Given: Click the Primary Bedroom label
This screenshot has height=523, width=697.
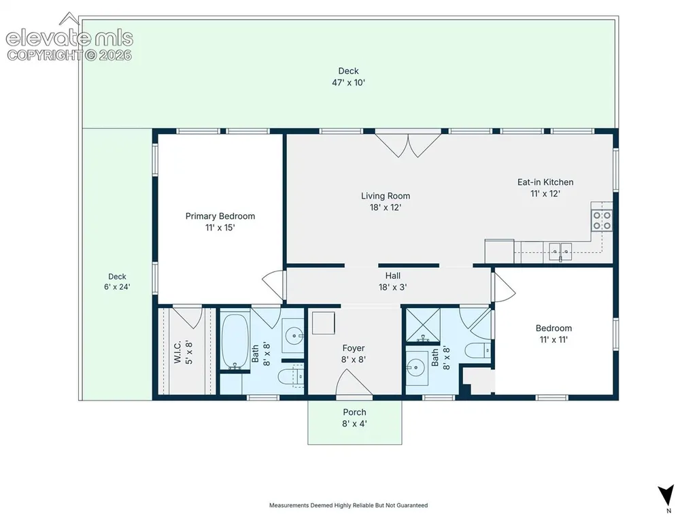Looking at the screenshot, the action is click(x=220, y=216).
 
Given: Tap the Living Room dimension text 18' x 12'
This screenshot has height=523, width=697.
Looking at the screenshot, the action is click(x=386, y=207).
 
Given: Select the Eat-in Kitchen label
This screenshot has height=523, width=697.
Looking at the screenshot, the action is click(x=545, y=182).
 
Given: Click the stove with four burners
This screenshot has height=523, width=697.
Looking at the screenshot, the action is click(x=601, y=220).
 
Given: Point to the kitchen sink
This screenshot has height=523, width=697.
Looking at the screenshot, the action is click(x=560, y=251).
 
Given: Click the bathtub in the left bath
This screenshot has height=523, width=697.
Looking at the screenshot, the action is click(x=235, y=341).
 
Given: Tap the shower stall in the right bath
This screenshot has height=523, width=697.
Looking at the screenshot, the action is click(x=423, y=325).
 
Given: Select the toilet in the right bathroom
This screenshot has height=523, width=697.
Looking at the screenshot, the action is click(x=478, y=350).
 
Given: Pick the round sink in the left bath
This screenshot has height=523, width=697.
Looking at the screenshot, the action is click(x=293, y=335).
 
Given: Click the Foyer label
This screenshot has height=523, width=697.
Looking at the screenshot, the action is click(x=354, y=348).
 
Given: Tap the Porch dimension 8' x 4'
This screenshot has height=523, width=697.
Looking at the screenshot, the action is click(x=354, y=424).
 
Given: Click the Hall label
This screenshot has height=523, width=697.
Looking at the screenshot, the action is click(x=393, y=275).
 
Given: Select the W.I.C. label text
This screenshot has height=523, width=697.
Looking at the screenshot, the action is click(x=177, y=352).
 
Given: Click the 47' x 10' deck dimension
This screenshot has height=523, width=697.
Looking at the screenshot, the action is click(x=348, y=83).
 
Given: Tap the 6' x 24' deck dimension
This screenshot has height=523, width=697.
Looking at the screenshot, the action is click(x=118, y=287).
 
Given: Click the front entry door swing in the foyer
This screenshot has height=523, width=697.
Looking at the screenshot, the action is click(x=354, y=382).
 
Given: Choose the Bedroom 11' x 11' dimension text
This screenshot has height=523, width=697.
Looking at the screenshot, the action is click(x=554, y=340).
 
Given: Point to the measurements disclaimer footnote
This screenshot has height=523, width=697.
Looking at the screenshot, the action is click(x=348, y=505).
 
